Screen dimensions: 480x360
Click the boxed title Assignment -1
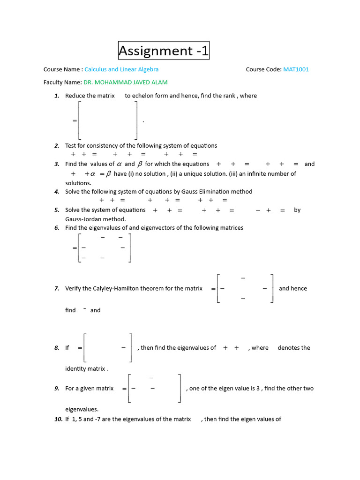pos(163,51)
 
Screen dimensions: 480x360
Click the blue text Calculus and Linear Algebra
pos(121,69)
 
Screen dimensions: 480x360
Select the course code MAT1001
pos(296,69)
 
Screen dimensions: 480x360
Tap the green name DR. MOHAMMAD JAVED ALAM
pos(125,82)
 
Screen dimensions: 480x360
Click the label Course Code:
pos(263,69)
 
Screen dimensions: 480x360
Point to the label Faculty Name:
pos(62,82)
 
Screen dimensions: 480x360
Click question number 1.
pos(57,96)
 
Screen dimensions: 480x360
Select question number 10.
pos(59,419)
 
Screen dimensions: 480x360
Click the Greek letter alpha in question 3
pos(119,164)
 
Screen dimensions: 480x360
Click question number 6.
pos(57,228)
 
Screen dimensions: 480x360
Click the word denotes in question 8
pos(288,348)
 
